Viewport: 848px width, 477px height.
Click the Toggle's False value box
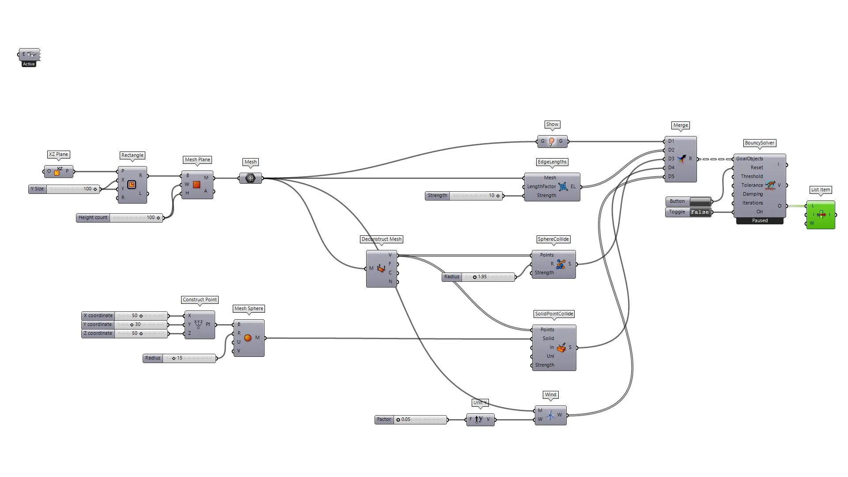point(700,212)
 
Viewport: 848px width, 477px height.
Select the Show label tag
point(552,125)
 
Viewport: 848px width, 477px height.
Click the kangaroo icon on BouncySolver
point(770,185)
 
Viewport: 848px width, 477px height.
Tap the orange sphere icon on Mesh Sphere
point(248,338)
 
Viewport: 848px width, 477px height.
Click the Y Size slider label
point(37,189)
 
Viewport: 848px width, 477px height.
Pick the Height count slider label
point(93,218)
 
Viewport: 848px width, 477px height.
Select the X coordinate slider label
point(98,316)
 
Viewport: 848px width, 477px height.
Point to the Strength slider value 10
point(492,196)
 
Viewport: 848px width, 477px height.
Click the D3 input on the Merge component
point(671,159)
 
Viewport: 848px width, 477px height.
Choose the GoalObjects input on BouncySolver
point(750,159)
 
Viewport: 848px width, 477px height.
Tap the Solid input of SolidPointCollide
point(548,339)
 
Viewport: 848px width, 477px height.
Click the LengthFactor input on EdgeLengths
point(541,187)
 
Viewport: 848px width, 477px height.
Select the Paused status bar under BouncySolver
point(760,221)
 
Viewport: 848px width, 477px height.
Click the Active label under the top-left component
point(29,64)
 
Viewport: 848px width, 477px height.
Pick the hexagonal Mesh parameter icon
point(250,178)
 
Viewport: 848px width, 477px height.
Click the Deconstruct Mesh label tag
point(382,239)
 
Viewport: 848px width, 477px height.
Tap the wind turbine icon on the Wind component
point(550,415)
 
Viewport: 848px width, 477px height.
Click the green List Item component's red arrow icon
point(821,215)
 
